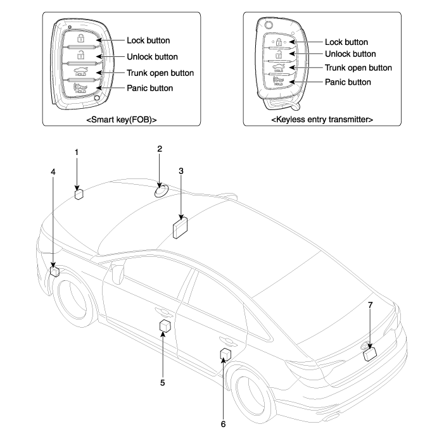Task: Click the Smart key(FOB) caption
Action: pyautogui.click(x=122, y=119)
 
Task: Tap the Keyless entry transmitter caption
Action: pyautogui.click(x=322, y=119)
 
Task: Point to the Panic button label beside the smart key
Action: pyautogui.click(x=150, y=87)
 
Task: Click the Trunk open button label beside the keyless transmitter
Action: pyautogui.click(x=358, y=68)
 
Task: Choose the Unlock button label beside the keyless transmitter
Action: pyautogui.click(x=350, y=54)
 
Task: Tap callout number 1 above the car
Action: pyautogui.click(x=76, y=152)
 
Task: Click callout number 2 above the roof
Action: pyautogui.click(x=160, y=149)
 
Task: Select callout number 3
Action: pyautogui.click(x=181, y=171)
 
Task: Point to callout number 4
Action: pyautogui.click(x=53, y=171)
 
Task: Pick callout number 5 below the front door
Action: pyautogui.click(x=162, y=382)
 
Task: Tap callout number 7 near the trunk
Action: pyautogui.click(x=371, y=306)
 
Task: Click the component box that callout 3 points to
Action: pyautogui.click(x=181, y=228)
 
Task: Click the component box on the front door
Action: pyautogui.click(x=165, y=326)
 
